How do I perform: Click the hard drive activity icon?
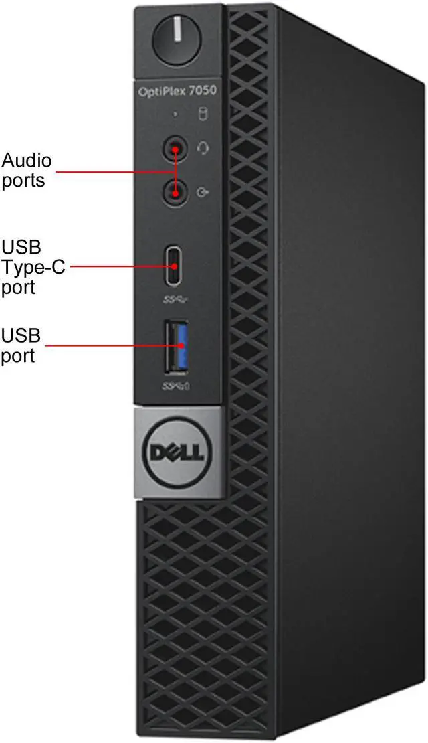coord(203,115)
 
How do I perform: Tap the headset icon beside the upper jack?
coord(203,148)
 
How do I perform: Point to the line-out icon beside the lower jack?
coord(203,194)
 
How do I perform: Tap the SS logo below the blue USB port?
coord(177,386)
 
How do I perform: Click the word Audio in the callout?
coord(27,161)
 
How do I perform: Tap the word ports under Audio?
coord(23,181)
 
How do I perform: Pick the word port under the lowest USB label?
coord(18,355)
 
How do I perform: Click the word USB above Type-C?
coord(21,246)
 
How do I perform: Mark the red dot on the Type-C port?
coord(175,266)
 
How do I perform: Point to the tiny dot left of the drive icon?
coord(176,115)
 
